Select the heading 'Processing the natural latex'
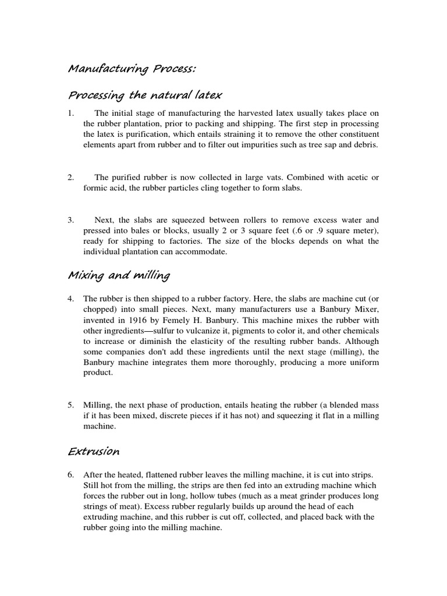click(146, 94)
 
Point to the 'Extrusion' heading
click(94, 451)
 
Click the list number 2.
click(71, 177)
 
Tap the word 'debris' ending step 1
click(366, 144)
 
